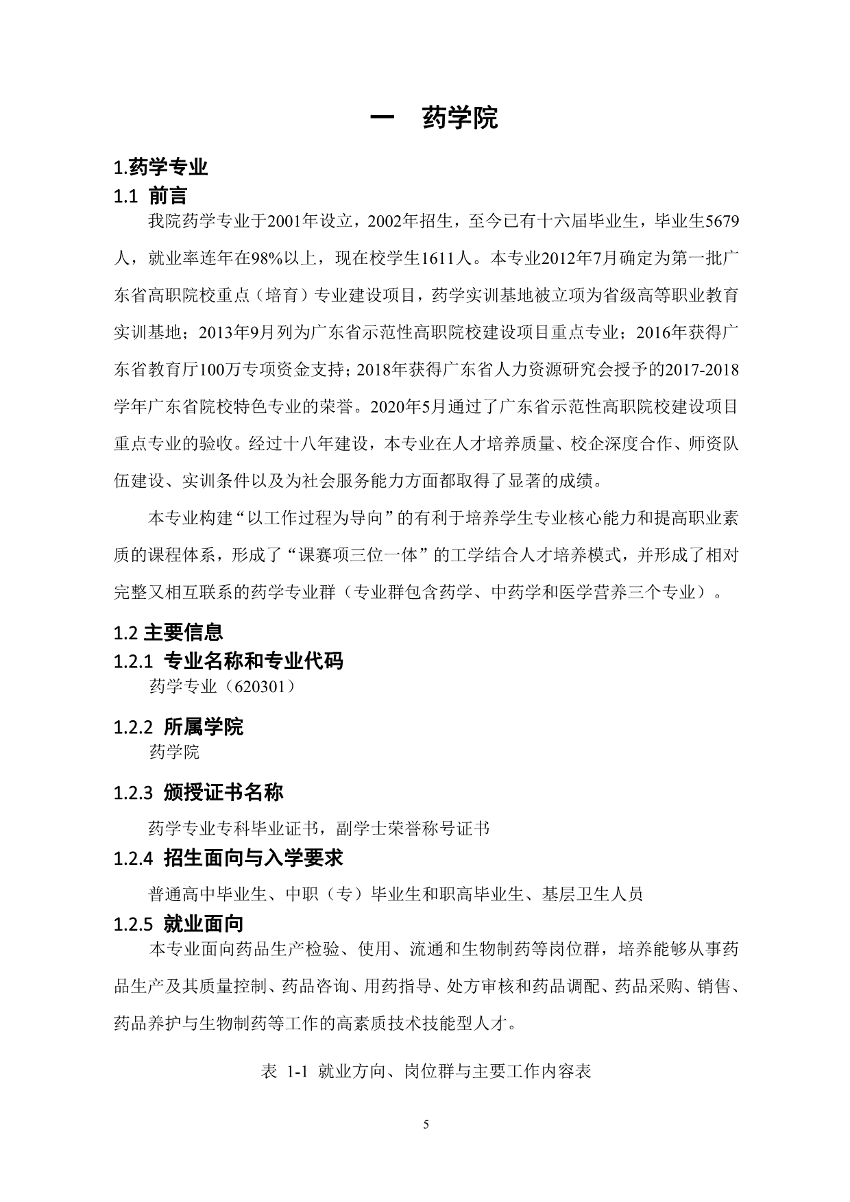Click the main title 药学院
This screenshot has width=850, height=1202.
click(x=460, y=118)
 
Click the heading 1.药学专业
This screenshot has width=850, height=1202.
click(x=160, y=167)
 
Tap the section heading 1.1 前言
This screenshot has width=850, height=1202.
click(x=150, y=197)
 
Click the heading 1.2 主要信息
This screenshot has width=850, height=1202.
click(x=168, y=632)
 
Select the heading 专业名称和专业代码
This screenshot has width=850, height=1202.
click(x=253, y=661)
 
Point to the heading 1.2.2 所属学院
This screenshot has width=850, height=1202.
click(x=178, y=726)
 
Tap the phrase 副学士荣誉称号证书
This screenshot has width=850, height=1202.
click(x=413, y=829)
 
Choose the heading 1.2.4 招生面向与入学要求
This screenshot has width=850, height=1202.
click(x=228, y=858)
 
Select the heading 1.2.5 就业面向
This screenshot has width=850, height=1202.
click(x=178, y=924)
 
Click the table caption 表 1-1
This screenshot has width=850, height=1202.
click(x=282, y=1072)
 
